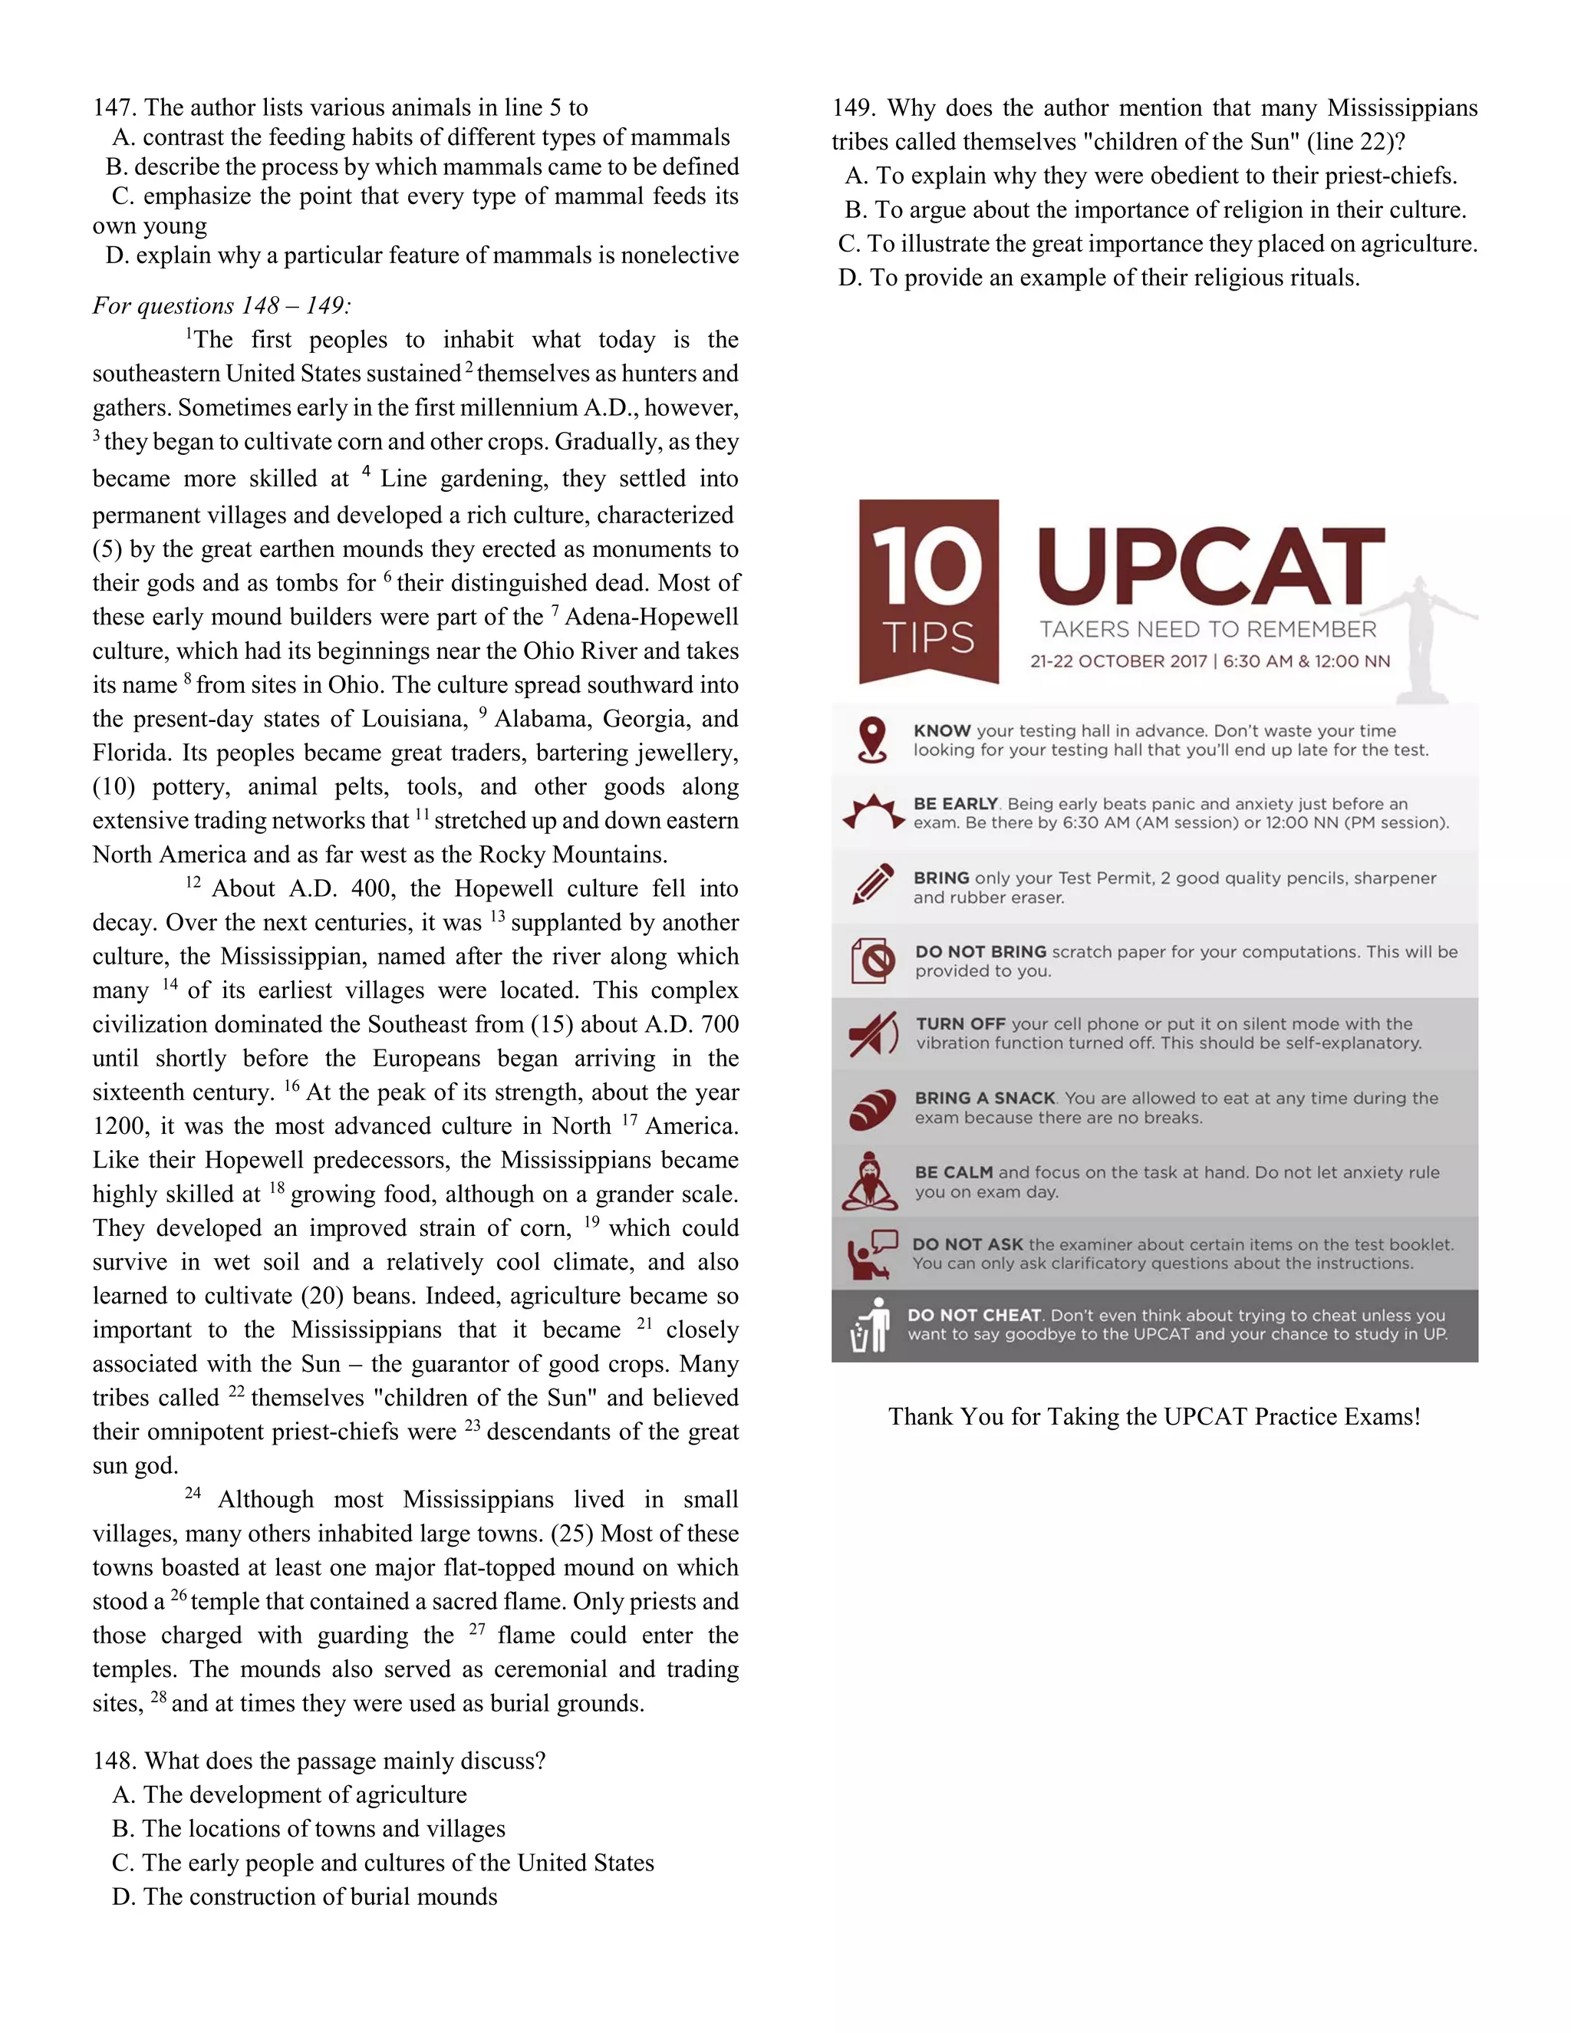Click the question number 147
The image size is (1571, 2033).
coord(114,108)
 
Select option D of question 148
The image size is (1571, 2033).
coord(305,1896)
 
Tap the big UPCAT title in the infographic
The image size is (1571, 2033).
coord(1210,566)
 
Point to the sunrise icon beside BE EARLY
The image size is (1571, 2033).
coord(873,812)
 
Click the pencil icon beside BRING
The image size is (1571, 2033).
coord(873,885)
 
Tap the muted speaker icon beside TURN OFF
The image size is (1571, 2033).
coord(873,1033)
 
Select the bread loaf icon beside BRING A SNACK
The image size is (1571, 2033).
coord(873,1108)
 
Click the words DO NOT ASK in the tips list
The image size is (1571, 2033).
coord(967,1244)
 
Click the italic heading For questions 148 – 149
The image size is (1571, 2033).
coord(222,305)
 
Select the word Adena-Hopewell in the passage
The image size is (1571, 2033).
coord(651,616)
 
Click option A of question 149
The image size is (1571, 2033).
coord(1151,176)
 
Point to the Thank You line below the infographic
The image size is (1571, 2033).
coord(1154,1416)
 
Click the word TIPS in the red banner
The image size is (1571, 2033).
coord(928,638)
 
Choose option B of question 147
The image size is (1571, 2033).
coord(422,166)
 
